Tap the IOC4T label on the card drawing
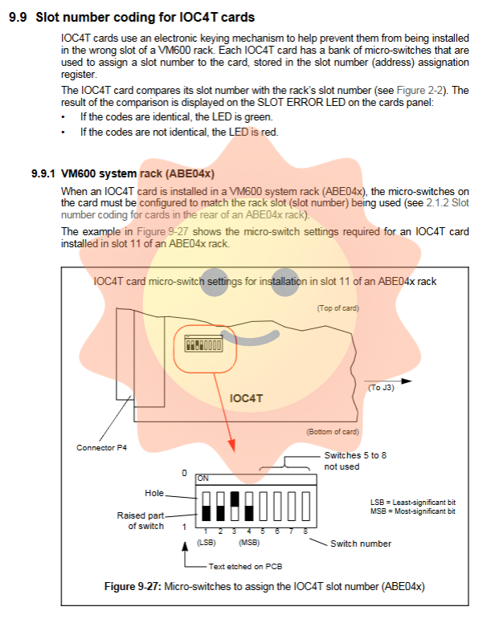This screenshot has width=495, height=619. pyautogui.click(x=246, y=397)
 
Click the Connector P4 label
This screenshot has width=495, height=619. pyautogui.click(x=101, y=447)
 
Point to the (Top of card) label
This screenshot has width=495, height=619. pyautogui.click(x=337, y=308)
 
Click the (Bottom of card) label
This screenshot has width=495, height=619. pyautogui.click(x=333, y=432)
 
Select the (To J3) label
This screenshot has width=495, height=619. pyautogui.click(x=382, y=389)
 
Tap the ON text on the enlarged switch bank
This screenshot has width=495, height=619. pyautogui.click(x=203, y=478)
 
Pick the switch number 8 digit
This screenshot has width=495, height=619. pyautogui.click(x=306, y=531)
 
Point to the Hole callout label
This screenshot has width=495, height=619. pyautogui.click(x=154, y=493)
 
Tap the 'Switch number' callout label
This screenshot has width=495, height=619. pyautogui.click(x=361, y=544)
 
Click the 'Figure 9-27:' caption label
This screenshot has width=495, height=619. pyautogui.click(x=133, y=586)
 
